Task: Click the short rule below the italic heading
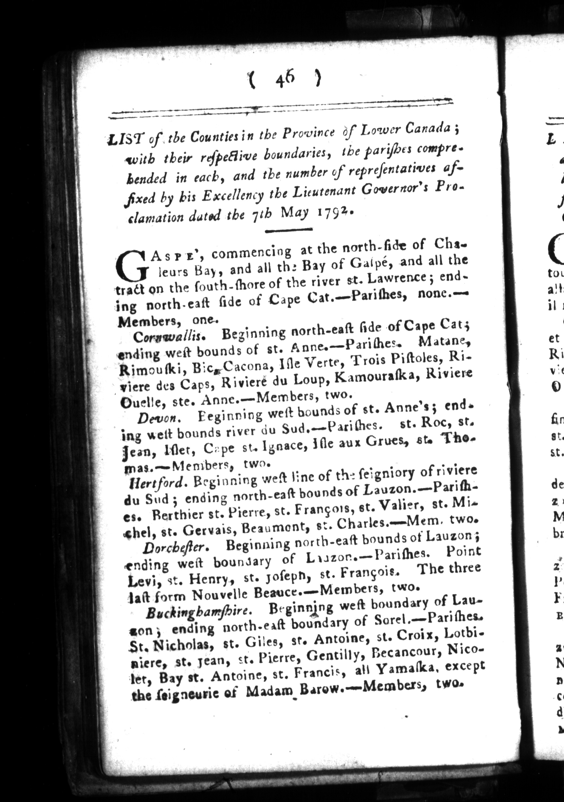coord(288,230)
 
